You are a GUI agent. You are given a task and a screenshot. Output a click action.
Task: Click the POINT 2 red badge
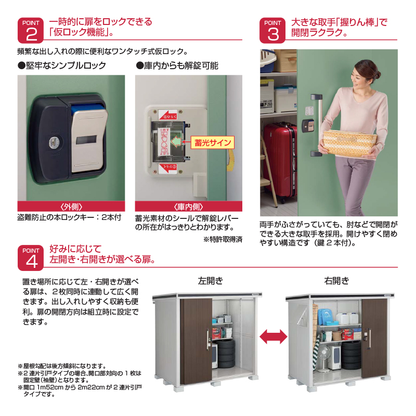point(31,31)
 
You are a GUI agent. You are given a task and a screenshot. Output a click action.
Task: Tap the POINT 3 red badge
point(273,31)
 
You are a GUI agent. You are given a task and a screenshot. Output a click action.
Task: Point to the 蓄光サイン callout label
point(212,142)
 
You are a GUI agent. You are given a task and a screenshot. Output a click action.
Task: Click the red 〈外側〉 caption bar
point(71,206)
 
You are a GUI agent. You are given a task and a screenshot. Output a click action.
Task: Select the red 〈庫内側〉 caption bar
point(188,206)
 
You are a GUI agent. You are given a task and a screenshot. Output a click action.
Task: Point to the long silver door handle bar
point(316,124)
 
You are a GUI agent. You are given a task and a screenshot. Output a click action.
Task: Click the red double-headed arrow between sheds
point(273,336)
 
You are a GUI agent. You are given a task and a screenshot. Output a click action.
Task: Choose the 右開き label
point(336,281)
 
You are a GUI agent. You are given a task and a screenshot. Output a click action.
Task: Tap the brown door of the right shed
point(373,338)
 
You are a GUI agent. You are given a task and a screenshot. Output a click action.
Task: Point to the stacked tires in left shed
point(227,354)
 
